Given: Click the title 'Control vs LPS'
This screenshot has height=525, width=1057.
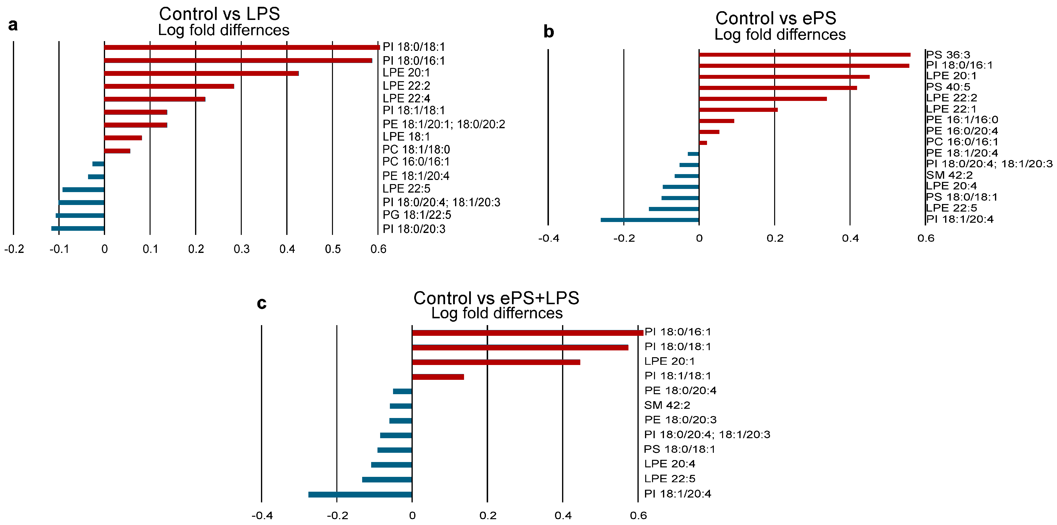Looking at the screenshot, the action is [220, 14].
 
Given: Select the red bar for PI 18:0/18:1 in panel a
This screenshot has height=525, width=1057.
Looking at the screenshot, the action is [242, 47].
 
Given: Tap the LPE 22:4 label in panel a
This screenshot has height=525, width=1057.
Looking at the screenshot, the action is [406, 98].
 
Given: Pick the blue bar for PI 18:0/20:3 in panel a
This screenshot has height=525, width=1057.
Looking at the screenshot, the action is [78, 229].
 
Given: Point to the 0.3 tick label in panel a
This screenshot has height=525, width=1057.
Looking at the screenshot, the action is [242, 249].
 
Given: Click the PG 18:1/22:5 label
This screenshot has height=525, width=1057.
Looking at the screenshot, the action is [417, 215].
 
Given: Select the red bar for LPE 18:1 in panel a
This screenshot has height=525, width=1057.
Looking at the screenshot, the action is [123, 138].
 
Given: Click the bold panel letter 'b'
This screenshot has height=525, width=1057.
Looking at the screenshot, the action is [549, 32].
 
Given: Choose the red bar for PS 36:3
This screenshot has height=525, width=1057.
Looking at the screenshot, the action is [805, 54].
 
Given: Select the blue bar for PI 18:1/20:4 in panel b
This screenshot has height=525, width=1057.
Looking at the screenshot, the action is [650, 220].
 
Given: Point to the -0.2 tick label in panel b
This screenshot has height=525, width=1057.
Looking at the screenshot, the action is [624, 238].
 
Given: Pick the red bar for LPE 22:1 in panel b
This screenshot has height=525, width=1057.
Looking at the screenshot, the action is [738, 109].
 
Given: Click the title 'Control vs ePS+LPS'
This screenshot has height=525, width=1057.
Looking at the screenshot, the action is [496, 298].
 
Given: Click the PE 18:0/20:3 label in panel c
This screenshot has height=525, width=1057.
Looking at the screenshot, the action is [680, 420].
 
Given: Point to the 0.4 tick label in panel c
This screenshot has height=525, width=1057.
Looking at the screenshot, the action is [563, 516].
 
